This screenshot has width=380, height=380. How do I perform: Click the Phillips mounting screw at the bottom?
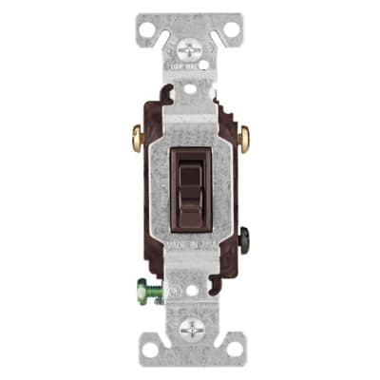[x=189, y=327]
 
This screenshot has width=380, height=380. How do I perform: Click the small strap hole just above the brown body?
[x=189, y=88]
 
